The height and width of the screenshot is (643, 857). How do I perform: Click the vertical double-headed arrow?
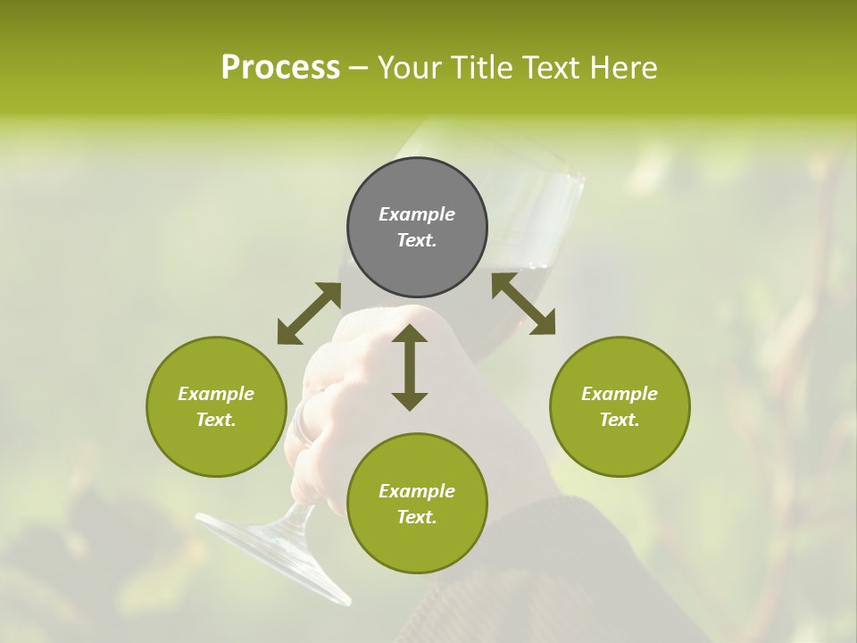coord(410,368)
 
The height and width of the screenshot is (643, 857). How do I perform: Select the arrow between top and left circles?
coord(309,313)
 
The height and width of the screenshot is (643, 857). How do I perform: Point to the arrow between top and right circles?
coord(523,304)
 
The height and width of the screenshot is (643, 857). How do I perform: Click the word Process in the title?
coord(280,67)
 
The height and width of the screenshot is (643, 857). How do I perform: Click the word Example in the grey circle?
coord(417,214)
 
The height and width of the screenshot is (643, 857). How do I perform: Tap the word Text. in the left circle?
coord(216,420)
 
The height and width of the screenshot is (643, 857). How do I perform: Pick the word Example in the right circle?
coord(620,394)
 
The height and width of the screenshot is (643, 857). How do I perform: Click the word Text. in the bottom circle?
coord(417,517)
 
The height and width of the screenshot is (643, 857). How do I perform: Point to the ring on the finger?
coord(306,420)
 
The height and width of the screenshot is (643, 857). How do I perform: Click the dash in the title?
coord(358,67)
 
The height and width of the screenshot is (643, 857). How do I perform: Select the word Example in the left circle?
coord(216,394)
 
